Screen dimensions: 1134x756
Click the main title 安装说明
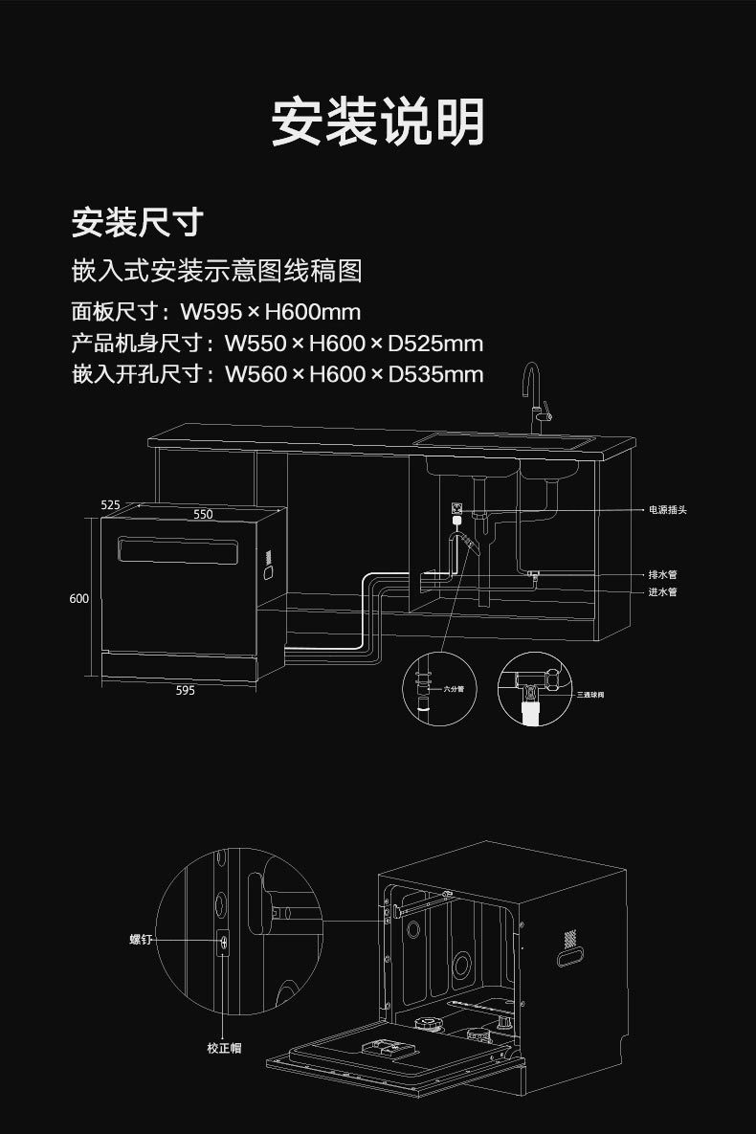coord(378,122)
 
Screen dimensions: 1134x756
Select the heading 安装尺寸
coord(138,222)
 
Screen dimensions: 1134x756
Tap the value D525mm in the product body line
coord(435,343)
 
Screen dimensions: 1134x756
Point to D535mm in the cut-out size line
coord(435,373)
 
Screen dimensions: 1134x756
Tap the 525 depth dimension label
coord(110,504)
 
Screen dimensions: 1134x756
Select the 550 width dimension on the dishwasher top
coord(203,515)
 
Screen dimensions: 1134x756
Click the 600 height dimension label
coord(79,598)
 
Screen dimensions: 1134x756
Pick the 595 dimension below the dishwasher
coord(186,690)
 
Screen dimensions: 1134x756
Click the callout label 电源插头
coord(667,510)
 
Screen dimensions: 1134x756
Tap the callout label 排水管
coord(662,575)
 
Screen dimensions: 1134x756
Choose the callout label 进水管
coord(662,592)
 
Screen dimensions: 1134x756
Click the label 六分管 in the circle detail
coord(454,688)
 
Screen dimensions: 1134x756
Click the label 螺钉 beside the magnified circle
coord(141,941)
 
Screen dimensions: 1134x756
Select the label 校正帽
coord(224,1048)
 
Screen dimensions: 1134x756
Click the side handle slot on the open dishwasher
coord(570,955)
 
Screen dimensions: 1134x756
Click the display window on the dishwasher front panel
coord(179,551)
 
